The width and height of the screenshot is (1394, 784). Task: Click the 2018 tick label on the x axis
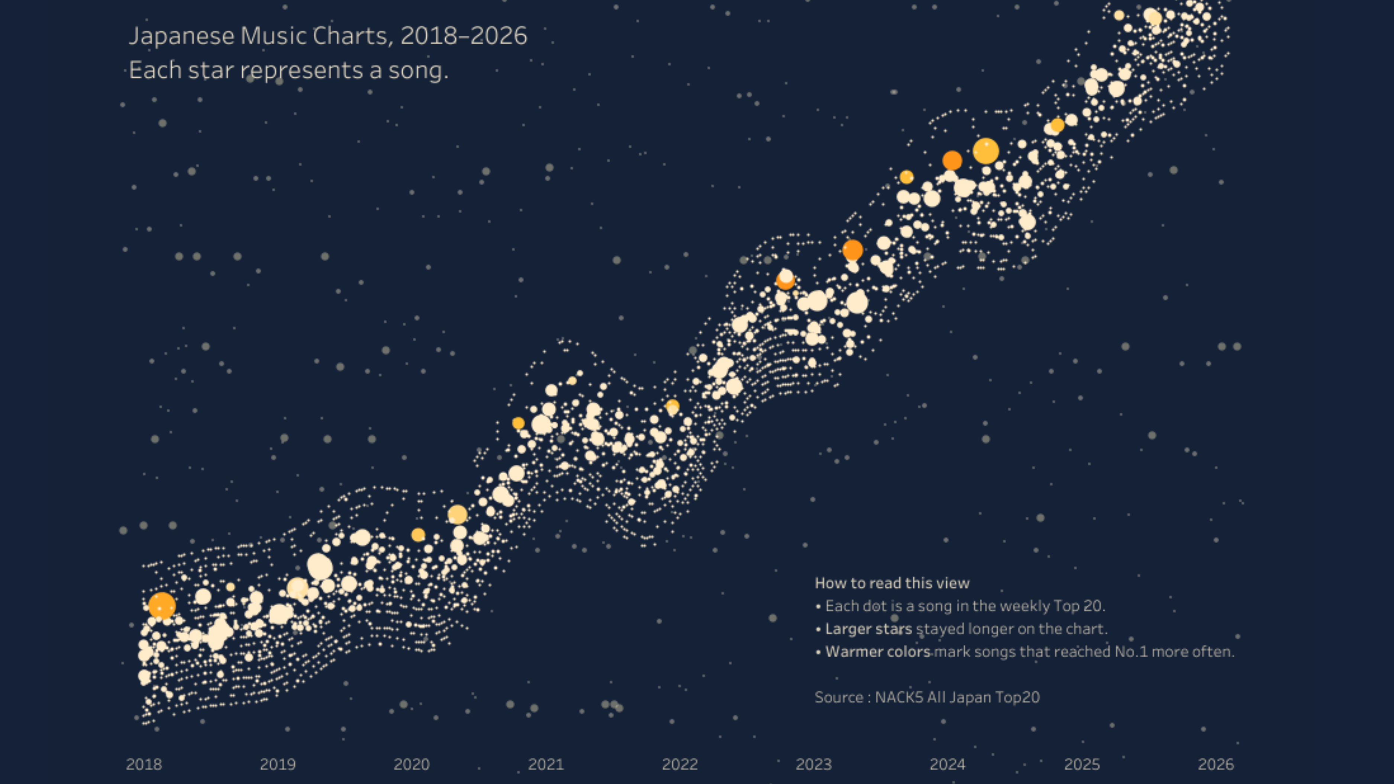pos(144,764)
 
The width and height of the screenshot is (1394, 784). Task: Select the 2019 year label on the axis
pos(278,764)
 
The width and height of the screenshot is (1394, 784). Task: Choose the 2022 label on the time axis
pos(680,764)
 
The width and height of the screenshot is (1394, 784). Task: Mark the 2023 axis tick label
pos(813,764)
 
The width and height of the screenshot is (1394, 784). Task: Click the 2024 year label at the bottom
pos(948,764)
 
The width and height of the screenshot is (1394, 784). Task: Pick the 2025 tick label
pos(1082,764)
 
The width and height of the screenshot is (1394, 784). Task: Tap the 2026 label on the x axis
pos(1216,764)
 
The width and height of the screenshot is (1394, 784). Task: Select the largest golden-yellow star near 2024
pos(985,151)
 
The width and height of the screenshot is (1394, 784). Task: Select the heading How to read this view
pos(892,583)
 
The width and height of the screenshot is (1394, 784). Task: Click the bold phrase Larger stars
pos(868,629)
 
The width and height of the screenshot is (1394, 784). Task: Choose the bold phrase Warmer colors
pos(878,651)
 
